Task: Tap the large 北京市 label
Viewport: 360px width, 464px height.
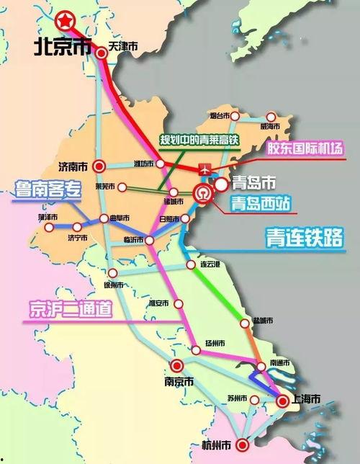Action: click(63, 47)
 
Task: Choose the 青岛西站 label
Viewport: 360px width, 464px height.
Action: click(258, 204)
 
